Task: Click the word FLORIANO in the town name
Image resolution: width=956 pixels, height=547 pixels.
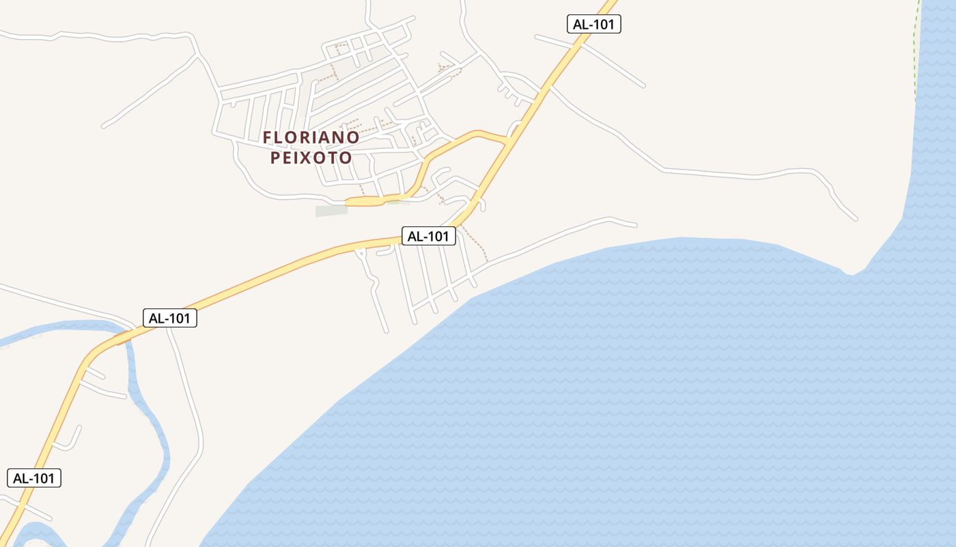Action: pos(311,137)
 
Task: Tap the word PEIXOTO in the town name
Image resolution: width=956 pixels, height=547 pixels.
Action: pos(311,158)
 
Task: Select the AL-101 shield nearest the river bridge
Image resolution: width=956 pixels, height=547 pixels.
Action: pos(169,318)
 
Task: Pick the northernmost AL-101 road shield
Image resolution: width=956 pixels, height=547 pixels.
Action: pos(593,25)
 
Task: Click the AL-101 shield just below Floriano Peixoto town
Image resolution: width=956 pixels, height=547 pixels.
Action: pos(428,237)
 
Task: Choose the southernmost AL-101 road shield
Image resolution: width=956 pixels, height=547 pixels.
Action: pos(34,478)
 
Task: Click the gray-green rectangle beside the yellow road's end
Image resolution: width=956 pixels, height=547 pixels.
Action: pos(331,211)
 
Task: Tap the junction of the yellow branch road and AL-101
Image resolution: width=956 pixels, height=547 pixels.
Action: pos(507,141)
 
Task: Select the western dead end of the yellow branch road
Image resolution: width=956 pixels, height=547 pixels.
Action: pos(348,202)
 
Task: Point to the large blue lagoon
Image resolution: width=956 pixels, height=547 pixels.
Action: pos(615,397)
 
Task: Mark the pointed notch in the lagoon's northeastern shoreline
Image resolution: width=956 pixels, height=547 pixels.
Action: pos(850,274)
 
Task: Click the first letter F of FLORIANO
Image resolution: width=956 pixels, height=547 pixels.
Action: pos(268,137)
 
